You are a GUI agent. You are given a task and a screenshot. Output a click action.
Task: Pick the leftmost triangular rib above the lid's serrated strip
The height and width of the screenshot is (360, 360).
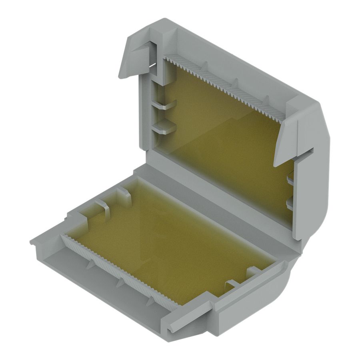click(204, 66)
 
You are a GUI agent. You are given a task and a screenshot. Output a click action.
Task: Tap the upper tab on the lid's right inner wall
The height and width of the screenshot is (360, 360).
click(290, 180)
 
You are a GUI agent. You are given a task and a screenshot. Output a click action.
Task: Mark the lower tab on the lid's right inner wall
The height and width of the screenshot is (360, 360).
click(290, 204)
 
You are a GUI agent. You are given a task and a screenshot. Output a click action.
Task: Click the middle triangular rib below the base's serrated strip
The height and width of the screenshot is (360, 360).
click(120, 282)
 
